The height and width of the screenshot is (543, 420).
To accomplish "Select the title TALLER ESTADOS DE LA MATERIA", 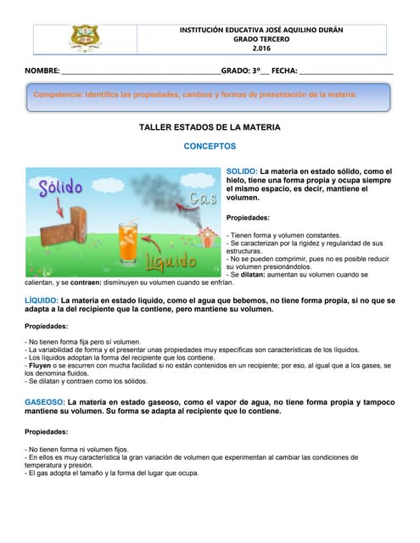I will pos(209,127).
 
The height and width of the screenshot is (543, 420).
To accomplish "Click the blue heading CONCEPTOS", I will pos(209,146).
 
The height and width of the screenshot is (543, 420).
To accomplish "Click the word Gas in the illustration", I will pos(204,199).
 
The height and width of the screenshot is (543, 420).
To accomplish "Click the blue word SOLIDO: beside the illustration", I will pos(242,171).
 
